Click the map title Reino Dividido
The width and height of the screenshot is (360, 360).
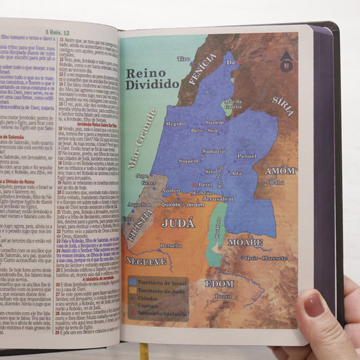[x=152, y=78]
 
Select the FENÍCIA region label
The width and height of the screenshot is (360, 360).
[x=202, y=69]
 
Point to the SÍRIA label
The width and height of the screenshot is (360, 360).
[x=282, y=102]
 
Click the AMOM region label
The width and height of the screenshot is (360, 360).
[x=280, y=171]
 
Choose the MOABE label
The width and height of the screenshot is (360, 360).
[x=245, y=241]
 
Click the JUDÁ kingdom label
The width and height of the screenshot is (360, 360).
[x=178, y=222]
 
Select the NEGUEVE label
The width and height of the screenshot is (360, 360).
[x=147, y=261]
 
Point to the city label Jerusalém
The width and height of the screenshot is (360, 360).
[x=217, y=199]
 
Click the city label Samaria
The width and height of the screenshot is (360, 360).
[x=213, y=151]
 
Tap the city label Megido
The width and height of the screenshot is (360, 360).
[x=174, y=124]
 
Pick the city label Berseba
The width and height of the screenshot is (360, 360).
[x=171, y=246]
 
